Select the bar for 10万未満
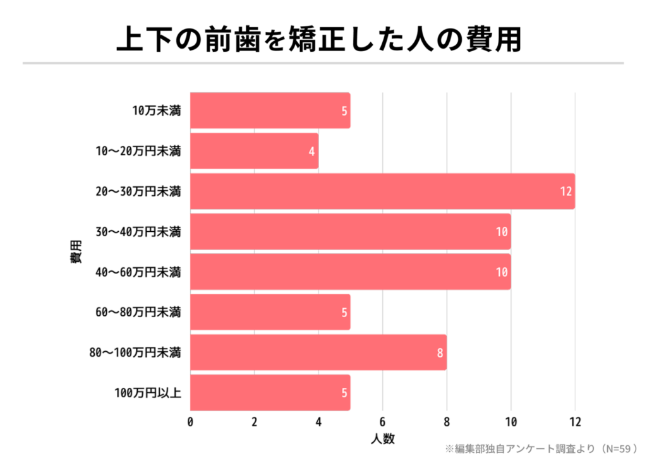(270, 111)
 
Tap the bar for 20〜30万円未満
(382, 191)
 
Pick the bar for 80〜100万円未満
(318, 352)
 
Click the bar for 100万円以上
(270, 393)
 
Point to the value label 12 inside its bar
(565, 191)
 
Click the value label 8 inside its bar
(440, 352)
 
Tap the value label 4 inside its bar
(311, 151)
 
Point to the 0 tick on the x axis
(190, 422)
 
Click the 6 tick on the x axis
(382, 422)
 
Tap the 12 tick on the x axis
(574, 422)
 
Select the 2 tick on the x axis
(254, 422)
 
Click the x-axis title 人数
(382, 438)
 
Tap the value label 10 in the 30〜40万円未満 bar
(502, 232)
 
